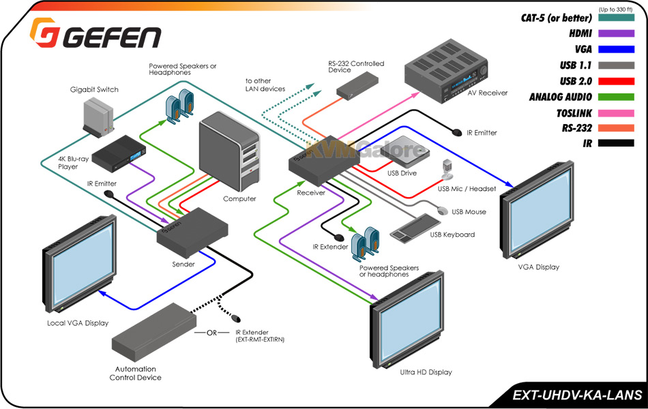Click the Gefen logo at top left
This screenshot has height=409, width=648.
(x=95, y=33)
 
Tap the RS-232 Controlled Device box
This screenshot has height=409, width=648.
(x=357, y=86)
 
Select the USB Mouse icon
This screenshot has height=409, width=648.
(x=442, y=211)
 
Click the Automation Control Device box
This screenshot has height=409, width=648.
(x=153, y=331)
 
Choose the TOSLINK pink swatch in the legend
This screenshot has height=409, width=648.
(x=616, y=112)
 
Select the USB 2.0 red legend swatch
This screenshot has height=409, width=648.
(x=616, y=81)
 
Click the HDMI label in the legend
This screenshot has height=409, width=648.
(x=580, y=33)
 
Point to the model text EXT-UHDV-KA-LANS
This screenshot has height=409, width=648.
(x=577, y=395)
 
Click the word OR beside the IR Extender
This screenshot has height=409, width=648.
(x=211, y=333)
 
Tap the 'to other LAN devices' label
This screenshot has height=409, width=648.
(x=265, y=85)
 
